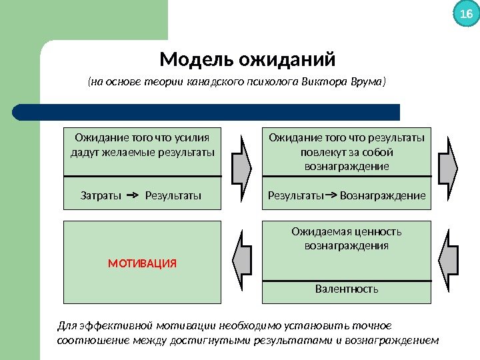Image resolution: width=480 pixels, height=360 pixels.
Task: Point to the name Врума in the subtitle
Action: pyautogui.click(x=369, y=82)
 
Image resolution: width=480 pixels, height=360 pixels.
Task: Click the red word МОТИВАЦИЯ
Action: pyautogui.click(x=142, y=263)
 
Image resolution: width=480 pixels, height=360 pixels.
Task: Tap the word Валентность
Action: pyautogui.click(x=347, y=289)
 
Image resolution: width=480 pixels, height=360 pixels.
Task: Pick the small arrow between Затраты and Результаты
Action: pyautogui.click(x=132, y=196)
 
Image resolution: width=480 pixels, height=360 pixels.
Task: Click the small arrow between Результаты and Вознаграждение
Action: pyautogui.click(x=331, y=196)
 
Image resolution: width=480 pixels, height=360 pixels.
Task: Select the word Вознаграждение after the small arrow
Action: pyautogui.click(x=383, y=196)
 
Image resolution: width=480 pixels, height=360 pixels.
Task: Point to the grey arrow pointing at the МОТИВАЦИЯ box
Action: pyautogui.click(x=242, y=261)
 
